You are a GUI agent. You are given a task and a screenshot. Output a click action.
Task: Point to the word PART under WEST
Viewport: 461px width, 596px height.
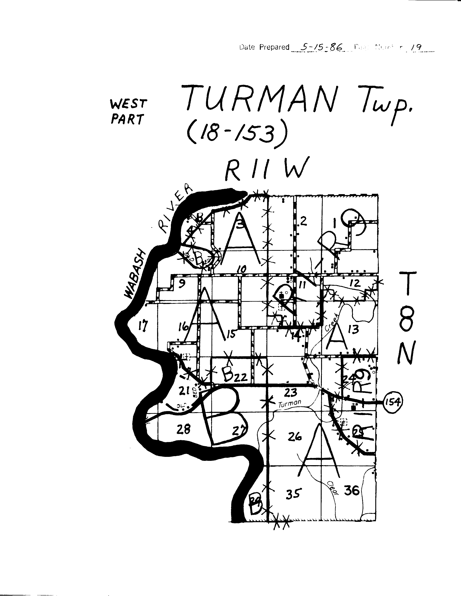pyautogui.click(x=127, y=119)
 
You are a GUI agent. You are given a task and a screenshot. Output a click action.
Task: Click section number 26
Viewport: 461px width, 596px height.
pyautogui.click(x=295, y=437)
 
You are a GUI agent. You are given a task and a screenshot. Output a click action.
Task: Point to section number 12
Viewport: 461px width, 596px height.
pyautogui.click(x=355, y=283)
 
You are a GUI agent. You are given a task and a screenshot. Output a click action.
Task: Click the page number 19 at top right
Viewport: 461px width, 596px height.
pyautogui.click(x=417, y=47)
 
